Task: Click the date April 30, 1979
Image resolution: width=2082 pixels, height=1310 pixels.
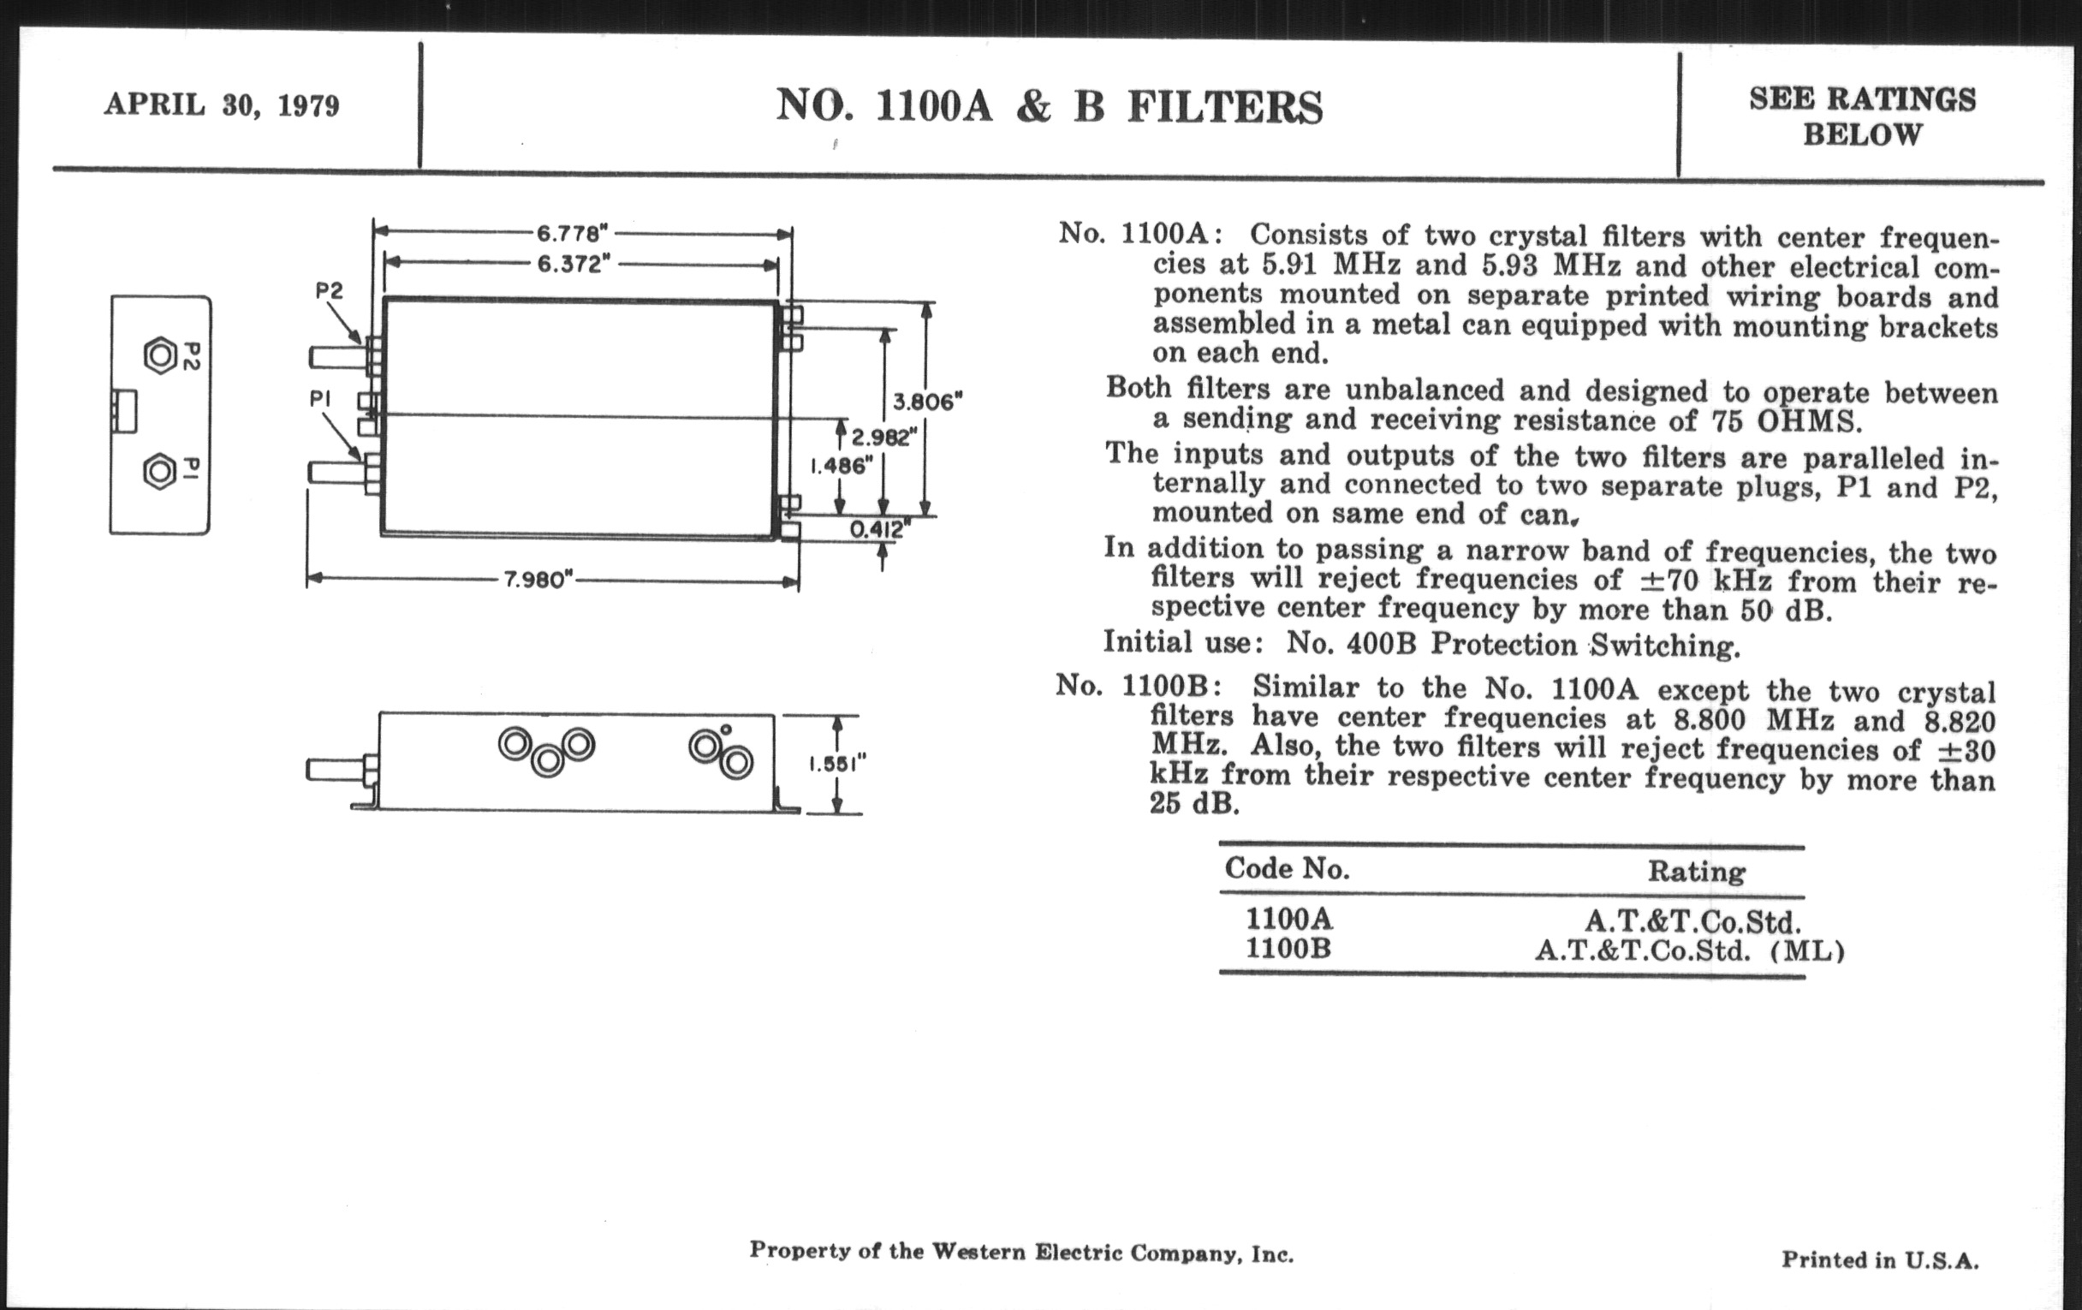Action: [x=222, y=105]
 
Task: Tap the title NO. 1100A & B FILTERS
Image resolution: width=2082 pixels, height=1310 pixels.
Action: [x=1049, y=107]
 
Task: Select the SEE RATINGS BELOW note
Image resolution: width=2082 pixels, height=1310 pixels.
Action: [x=1862, y=116]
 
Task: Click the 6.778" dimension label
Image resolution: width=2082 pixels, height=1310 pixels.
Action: [x=573, y=234]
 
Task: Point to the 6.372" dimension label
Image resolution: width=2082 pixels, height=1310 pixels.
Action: [x=569, y=264]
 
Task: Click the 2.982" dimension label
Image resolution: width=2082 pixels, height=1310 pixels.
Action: [x=883, y=437]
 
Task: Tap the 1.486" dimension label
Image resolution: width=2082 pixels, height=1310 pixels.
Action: [x=841, y=466]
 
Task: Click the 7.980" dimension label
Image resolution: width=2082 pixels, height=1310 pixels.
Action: [x=539, y=580]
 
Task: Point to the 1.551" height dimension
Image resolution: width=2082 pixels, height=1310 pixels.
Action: [x=837, y=765]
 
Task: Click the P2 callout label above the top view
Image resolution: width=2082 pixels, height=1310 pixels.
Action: [x=329, y=291]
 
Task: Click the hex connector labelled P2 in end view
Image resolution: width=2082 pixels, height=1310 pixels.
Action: [x=160, y=355]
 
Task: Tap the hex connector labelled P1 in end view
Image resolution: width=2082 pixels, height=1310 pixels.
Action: [x=160, y=472]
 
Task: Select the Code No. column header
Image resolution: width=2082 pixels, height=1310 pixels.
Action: [x=1287, y=868]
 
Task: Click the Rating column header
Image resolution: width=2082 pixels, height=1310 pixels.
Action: [x=1696, y=871]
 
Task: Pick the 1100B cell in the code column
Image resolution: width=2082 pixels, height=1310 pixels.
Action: [x=1288, y=949]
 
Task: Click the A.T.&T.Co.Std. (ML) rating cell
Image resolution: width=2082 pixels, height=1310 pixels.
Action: [x=1689, y=951]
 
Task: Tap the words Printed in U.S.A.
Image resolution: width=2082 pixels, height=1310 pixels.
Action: [x=1880, y=1259]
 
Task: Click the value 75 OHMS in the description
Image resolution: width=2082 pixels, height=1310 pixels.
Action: [x=1786, y=422]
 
